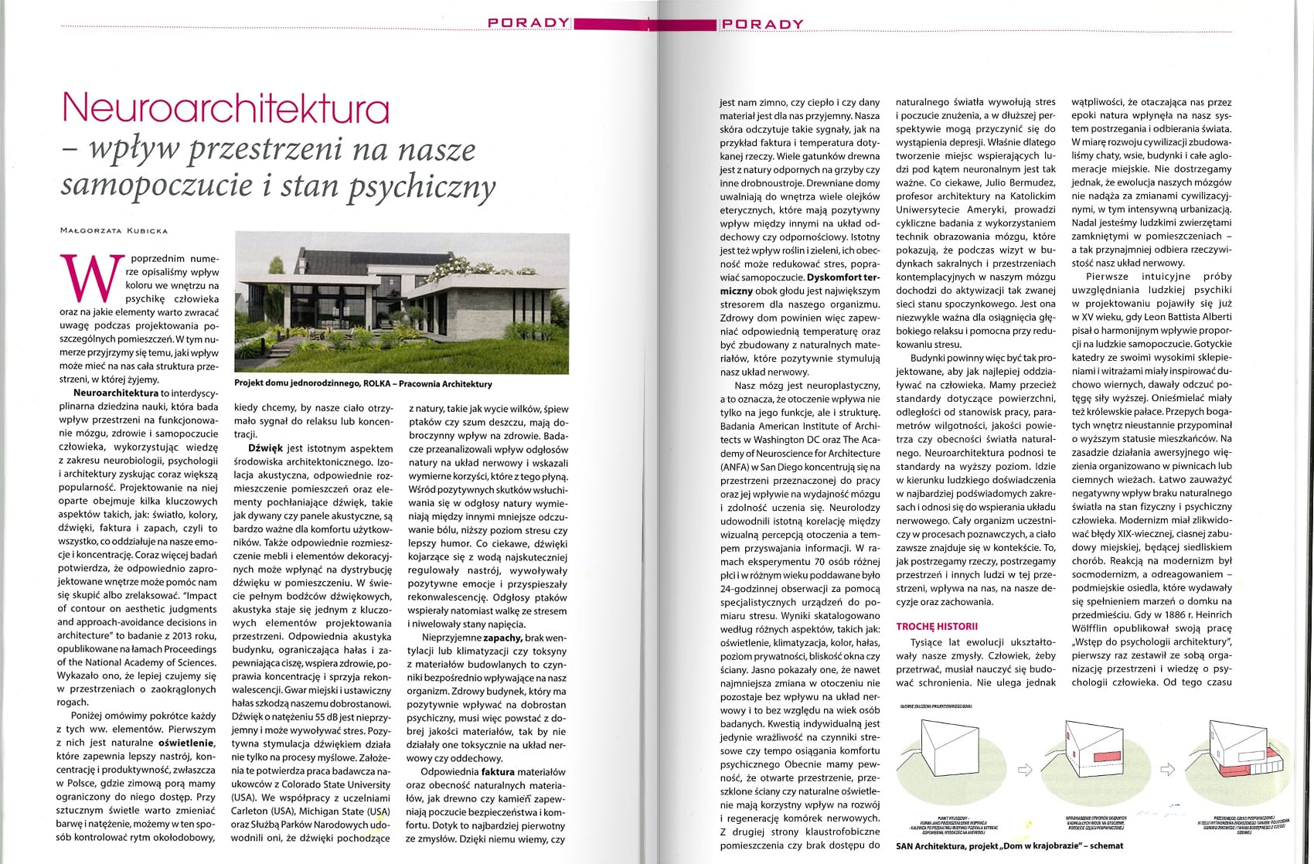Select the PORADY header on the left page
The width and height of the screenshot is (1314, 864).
click(x=529, y=23)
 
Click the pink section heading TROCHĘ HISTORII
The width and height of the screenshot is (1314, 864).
click(x=937, y=626)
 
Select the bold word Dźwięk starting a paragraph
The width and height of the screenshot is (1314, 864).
click(x=266, y=447)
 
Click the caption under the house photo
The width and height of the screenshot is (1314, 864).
click(x=363, y=384)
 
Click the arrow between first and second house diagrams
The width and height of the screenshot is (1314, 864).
click(x=1025, y=769)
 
